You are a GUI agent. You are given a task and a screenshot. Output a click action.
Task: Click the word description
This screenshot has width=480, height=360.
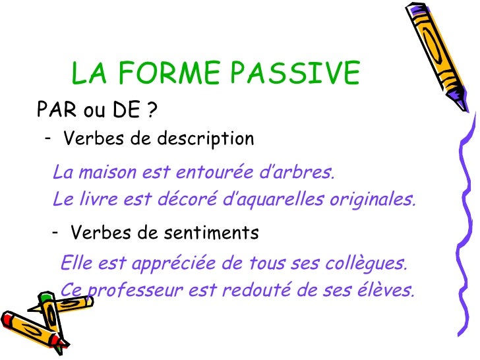pyautogui.click(x=205, y=140)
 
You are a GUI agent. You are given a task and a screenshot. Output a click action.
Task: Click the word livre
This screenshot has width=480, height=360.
pyautogui.click(x=94, y=198)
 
